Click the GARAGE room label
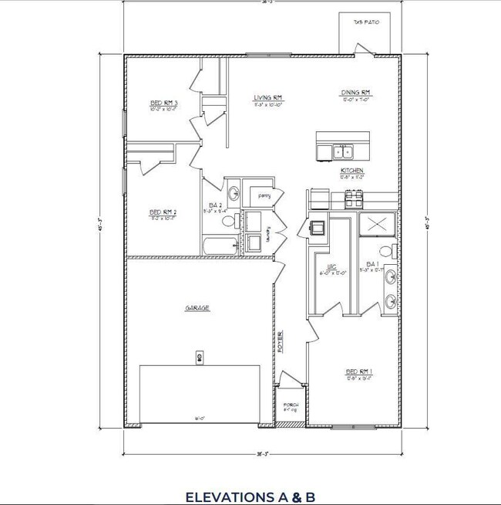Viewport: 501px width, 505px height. point(197,307)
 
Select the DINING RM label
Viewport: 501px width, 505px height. point(356,93)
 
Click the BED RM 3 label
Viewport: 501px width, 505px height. point(164,103)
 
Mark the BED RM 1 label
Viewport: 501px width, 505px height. point(358,371)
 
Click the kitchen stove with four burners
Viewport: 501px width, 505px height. point(353,199)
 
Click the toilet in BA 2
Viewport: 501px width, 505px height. point(228,222)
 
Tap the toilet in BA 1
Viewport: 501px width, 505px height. point(393,249)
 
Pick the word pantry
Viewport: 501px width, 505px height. point(264,196)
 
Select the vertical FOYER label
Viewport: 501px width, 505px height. point(280,340)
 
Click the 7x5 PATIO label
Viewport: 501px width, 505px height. point(366,22)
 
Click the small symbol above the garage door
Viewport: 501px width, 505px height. point(199,357)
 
